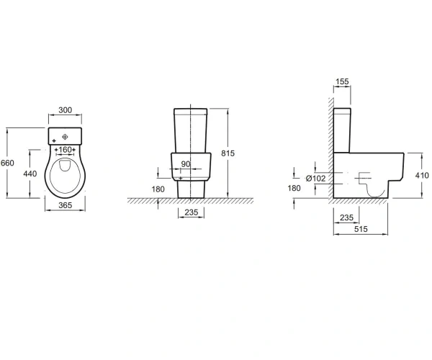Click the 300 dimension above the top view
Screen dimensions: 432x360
coord(66,110)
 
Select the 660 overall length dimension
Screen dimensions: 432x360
coord(7,163)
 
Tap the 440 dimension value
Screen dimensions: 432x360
coord(30,174)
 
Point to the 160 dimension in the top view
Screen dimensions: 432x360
coord(66,150)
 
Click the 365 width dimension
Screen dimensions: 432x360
coord(66,205)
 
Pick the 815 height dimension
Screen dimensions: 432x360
coord(228,153)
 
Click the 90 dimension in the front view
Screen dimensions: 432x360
coord(186,164)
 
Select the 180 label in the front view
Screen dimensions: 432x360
coord(158,189)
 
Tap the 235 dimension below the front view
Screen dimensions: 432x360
coord(192,212)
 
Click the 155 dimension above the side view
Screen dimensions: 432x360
coord(342,81)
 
